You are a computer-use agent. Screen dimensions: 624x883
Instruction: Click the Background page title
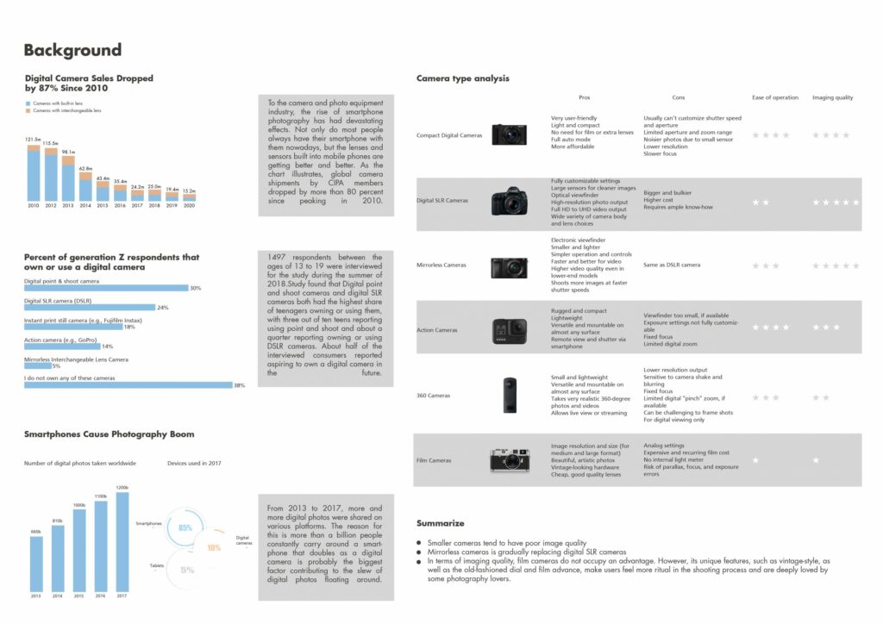click(x=72, y=50)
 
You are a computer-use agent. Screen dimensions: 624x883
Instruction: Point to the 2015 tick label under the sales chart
click(x=103, y=207)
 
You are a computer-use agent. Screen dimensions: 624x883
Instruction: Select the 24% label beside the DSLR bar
click(x=163, y=308)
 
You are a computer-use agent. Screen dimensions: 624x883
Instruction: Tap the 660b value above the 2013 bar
click(x=36, y=532)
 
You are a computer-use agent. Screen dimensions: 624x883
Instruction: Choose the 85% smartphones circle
click(x=185, y=527)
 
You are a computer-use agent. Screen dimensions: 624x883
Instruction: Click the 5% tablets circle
click(x=187, y=570)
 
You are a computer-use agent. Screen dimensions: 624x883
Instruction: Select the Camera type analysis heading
click(x=462, y=78)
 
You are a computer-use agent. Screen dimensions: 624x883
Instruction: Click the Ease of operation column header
click(x=775, y=97)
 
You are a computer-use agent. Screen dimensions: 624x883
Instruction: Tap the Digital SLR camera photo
click(x=510, y=202)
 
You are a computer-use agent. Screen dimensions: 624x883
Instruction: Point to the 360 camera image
click(x=510, y=395)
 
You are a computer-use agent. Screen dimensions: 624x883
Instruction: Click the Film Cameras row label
click(x=434, y=460)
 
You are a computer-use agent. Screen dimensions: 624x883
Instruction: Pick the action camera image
click(x=510, y=331)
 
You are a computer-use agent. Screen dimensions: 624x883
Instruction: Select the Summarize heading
click(x=440, y=523)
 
